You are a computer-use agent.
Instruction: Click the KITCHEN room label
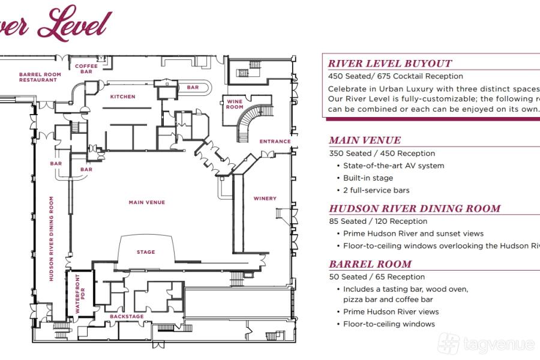(x=122, y=97)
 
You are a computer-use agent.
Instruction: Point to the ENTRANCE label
(x=275, y=142)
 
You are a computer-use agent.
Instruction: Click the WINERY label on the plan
(x=265, y=199)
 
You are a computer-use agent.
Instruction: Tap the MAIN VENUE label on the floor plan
(x=146, y=203)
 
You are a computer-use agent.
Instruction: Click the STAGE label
(x=146, y=252)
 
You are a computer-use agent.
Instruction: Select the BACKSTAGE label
(x=127, y=316)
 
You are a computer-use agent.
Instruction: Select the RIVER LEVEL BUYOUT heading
(x=390, y=64)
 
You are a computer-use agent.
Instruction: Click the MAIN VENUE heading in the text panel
(x=365, y=140)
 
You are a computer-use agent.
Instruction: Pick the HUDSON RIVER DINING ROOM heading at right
(x=415, y=209)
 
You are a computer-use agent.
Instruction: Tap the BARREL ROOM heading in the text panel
(x=370, y=264)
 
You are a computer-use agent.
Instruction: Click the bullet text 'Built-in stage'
(x=368, y=178)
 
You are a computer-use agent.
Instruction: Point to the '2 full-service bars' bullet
(x=376, y=190)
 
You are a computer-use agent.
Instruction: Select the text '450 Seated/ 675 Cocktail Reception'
(x=395, y=76)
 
